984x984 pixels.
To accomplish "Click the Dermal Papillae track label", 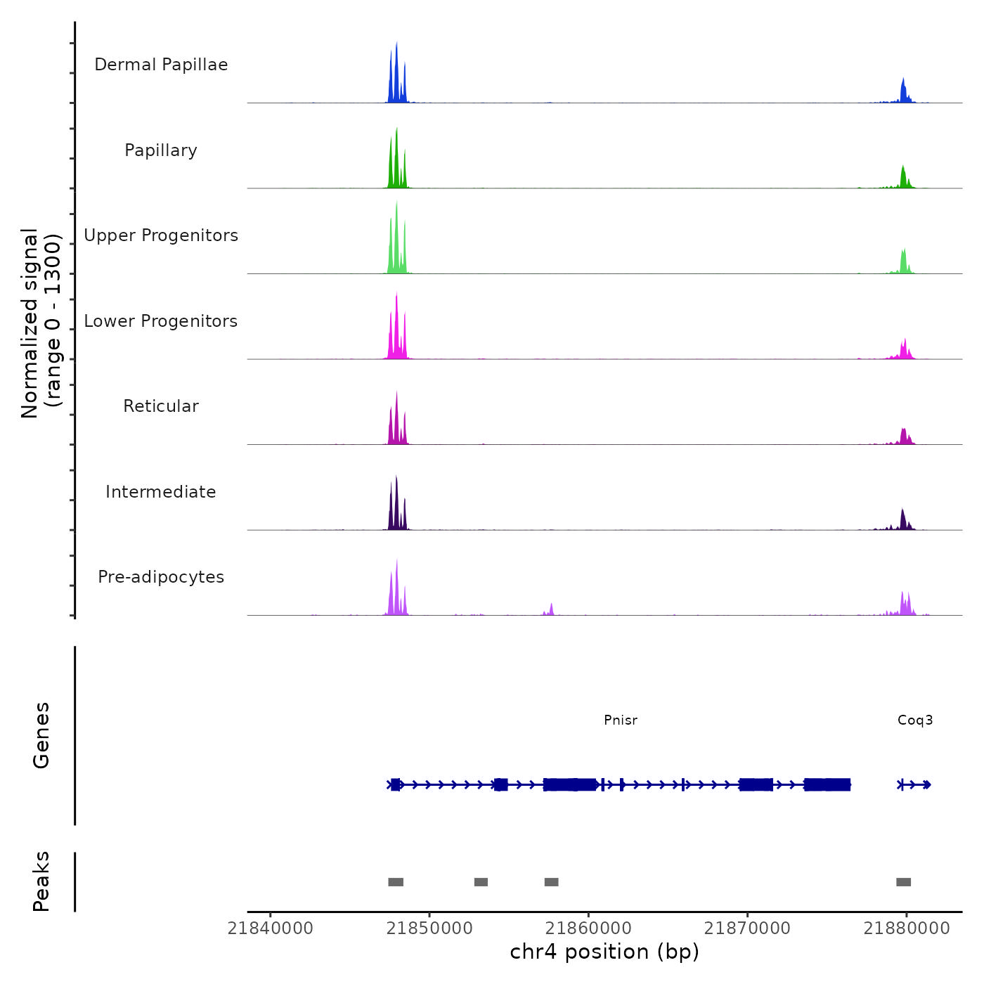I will (x=161, y=65).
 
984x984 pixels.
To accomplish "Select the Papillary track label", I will (x=161, y=150).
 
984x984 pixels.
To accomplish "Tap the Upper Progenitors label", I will (x=161, y=235).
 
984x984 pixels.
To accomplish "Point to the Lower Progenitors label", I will (x=161, y=321).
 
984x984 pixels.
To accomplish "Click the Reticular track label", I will (x=161, y=406).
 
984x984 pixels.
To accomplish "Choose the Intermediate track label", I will (x=161, y=492).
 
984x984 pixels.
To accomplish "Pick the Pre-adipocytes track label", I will (x=161, y=577).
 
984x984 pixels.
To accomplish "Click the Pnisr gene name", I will (x=621, y=720).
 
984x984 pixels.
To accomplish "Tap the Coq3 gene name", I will (x=915, y=720).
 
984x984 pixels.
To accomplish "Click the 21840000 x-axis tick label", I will (x=271, y=928).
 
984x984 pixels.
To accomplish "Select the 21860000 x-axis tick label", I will (x=588, y=928).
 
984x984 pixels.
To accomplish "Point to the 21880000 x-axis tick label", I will (x=907, y=928).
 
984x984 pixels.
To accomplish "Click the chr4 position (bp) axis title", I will (x=604, y=952).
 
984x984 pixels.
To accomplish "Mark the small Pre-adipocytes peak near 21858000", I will (x=552, y=609).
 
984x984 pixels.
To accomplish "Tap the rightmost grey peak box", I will (x=904, y=882).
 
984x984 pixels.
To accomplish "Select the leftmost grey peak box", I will (x=396, y=882).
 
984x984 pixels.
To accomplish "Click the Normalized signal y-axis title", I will (x=41, y=323).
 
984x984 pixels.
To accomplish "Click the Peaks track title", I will (x=41, y=881).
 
